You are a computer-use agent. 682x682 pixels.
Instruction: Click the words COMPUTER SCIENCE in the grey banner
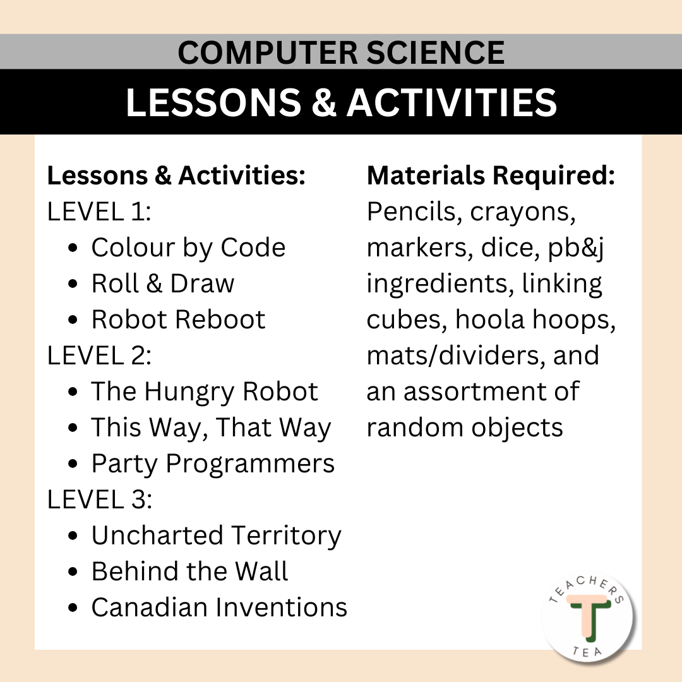tap(341, 52)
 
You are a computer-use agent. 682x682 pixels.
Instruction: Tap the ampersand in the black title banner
tap(323, 102)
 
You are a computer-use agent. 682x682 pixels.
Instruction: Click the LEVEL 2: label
tap(99, 356)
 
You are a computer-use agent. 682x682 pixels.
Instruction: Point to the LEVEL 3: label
tap(99, 500)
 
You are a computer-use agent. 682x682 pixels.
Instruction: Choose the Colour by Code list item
tap(188, 248)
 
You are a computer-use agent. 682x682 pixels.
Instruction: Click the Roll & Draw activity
tap(162, 284)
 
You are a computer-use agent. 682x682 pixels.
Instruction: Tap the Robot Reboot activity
tap(178, 320)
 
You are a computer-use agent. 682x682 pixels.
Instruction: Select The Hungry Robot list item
tap(204, 392)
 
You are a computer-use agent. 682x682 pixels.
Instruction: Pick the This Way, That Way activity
tap(211, 428)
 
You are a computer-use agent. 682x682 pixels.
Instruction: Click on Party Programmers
tap(213, 464)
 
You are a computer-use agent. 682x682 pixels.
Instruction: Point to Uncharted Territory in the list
tap(216, 535)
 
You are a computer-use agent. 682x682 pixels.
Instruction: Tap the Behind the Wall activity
tap(189, 571)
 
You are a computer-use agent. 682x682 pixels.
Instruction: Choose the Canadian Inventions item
tap(219, 607)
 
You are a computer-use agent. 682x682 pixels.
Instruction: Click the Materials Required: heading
tap(491, 176)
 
